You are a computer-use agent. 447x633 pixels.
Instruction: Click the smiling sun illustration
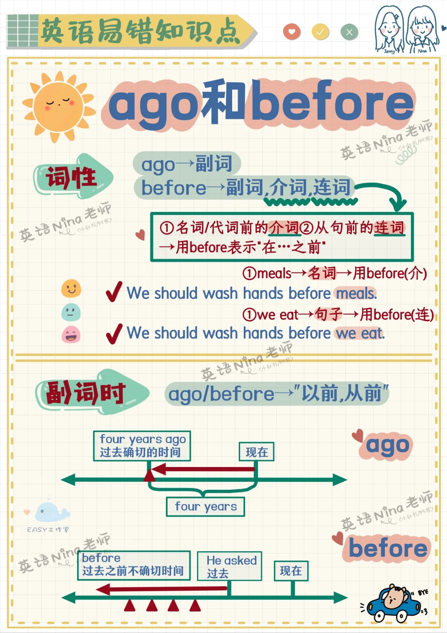coord(59,106)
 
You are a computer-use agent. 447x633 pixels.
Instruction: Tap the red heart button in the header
coord(292,32)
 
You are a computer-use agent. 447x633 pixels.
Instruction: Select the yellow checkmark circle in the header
coord(320,32)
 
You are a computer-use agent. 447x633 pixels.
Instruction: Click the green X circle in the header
coord(349,32)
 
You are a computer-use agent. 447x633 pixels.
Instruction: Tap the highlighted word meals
coord(356,294)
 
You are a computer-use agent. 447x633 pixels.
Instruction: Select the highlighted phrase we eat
coord(360,333)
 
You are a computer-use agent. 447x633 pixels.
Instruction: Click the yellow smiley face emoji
coord(71,288)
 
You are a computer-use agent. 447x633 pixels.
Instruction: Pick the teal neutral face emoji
coord(71,312)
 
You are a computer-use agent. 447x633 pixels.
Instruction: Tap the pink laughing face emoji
coord(71,335)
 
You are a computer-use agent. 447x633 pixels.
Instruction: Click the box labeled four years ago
coord(142,446)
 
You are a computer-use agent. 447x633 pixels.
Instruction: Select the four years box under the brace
coord(206,507)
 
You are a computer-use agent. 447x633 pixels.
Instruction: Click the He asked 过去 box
coord(229,566)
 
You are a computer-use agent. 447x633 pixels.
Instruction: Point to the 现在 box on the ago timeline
coord(257,452)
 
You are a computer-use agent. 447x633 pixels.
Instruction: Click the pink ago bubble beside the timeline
coord(387,446)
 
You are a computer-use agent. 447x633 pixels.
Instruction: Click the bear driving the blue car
coord(393,602)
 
